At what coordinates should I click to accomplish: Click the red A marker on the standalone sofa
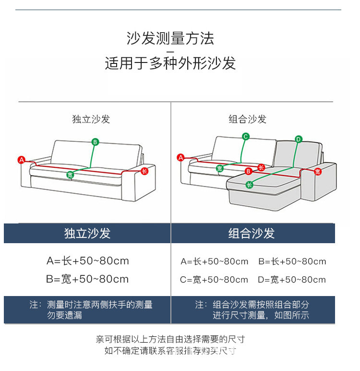tap(21, 160)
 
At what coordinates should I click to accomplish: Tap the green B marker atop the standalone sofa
tap(95, 142)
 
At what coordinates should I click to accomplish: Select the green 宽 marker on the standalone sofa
tap(70, 174)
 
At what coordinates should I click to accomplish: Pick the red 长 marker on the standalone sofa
tap(144, 171)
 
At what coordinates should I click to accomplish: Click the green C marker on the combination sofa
tap(245, 136)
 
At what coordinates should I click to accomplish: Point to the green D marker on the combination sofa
tap(298, 139)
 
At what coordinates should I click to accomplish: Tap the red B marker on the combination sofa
tap(248, 171)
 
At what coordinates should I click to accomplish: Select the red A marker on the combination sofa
tap(181, 157)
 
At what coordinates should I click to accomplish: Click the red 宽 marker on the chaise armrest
tap(318, 171)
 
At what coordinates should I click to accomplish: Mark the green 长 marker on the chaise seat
tap(249, 185)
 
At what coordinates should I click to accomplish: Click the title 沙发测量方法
tap(170, 38)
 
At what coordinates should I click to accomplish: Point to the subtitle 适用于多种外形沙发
tap(170, 63)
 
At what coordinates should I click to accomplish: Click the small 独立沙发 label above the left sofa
tap(91, 119)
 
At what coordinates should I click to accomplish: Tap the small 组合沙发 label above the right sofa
tap(247, 119)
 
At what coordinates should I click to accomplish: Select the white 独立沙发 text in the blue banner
tap(87, 234)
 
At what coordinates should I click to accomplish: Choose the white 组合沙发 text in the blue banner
tap(252, 234)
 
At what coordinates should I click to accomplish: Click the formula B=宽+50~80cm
tap(87, 279)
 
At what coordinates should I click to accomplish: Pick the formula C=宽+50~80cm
tap(214, 280)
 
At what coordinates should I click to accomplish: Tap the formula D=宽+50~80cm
tap(292, 280)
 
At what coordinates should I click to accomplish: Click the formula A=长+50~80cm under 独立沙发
tap(87, 261)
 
